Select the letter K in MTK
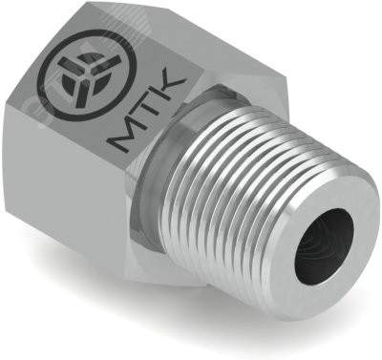pos(171,92)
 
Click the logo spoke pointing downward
pos(83,93)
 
